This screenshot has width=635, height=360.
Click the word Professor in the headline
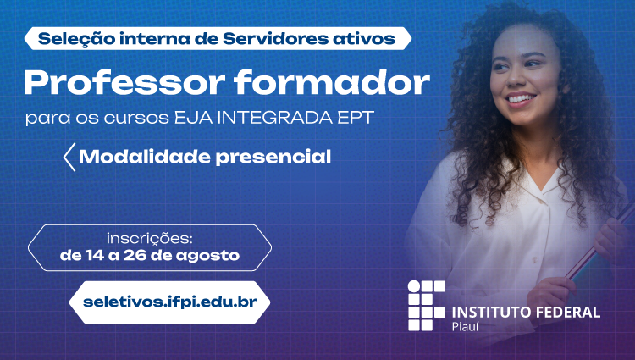pos(124,83)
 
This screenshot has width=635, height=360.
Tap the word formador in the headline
pos(332,82)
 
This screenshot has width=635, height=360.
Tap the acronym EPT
pos(356,118)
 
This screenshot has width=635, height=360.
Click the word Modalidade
pos(145,157)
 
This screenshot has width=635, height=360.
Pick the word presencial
pos(273,158)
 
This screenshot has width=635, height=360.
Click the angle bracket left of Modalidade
pos(69,157)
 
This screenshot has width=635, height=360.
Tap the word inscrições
pos(149,239)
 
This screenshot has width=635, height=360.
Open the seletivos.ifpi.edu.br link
pos(169,302)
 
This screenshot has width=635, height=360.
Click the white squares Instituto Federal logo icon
pos(427,305)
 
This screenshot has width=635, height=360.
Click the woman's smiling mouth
pos(521,98)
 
